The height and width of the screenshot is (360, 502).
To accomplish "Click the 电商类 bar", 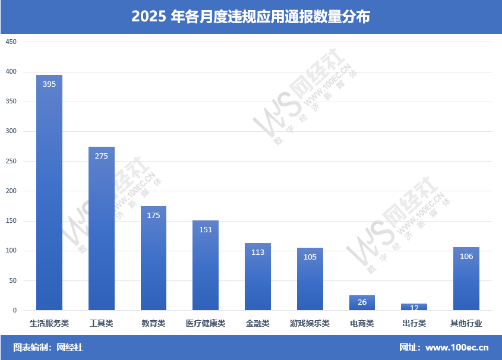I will tap(362, 303).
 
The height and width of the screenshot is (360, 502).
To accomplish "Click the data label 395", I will tap(49, 84).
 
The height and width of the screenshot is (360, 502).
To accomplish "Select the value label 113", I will tap(258, 252).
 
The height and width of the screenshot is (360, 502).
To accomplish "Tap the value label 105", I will tap(310, 257).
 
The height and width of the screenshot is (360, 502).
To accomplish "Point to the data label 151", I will tap(206, 230).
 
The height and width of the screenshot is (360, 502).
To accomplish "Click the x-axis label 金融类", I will tap(258, 324).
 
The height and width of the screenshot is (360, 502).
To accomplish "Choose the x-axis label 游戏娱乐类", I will tap(310, 324).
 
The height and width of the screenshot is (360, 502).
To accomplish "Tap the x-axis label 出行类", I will tap(414, 324).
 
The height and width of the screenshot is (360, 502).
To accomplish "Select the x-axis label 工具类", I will tap(101, 324).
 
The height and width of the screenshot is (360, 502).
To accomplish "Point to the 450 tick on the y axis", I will tap(11, 42).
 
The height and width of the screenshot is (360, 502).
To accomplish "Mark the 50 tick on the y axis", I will tap(13, 281).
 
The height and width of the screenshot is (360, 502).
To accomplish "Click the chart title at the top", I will tap(251, 17).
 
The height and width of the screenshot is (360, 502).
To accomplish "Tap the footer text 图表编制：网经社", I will tap(48, 348).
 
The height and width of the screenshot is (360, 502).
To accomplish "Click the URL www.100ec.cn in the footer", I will tap(457, 348).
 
